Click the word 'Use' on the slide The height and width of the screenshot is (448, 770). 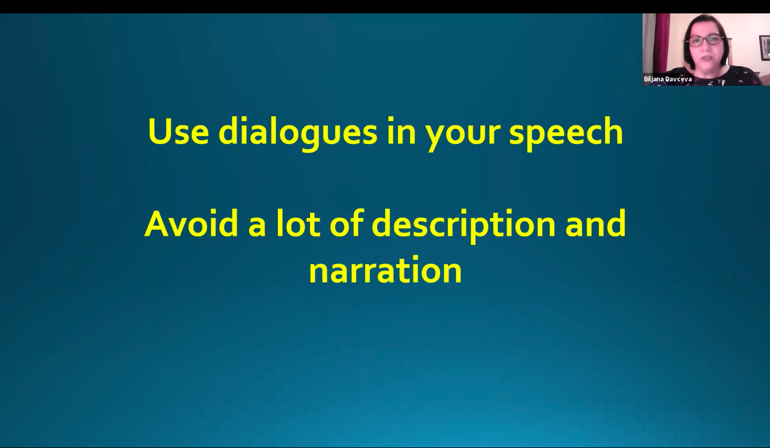178,131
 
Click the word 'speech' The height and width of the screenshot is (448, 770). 566,133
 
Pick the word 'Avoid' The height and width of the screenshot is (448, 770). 191,223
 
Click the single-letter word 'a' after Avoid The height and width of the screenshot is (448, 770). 257,227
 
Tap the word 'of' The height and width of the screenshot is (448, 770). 346,223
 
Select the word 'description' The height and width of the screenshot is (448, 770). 463,226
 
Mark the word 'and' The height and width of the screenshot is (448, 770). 595,223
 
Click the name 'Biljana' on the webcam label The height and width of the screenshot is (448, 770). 654,79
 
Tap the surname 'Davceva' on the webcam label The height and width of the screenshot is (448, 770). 678,79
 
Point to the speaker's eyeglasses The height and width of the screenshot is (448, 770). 705,40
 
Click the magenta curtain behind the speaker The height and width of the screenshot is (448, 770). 662,38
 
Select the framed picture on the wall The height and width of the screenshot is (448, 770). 765,48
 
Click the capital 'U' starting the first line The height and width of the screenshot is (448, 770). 160,131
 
